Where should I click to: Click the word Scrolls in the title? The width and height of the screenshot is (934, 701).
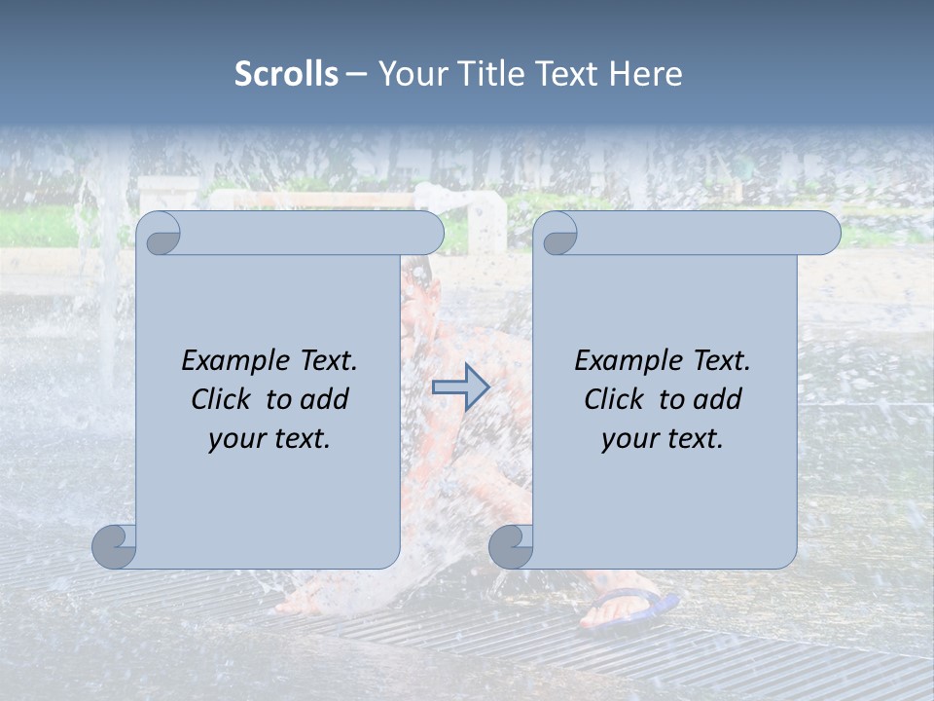tap(286, 74)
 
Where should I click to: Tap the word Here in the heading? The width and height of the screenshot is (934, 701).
tap(645, 74)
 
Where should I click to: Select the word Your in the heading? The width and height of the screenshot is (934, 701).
tap(409, 74)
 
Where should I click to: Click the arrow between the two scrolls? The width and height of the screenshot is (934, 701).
tap(460, 387)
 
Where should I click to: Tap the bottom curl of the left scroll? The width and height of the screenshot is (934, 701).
tap(115, 546)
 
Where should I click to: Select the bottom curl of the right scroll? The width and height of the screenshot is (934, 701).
tap(511, 546)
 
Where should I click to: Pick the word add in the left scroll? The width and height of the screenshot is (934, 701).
tap(325, 399)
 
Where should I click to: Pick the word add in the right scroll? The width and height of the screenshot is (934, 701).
tap(718, 399)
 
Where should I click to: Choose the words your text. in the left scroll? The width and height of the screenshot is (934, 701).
tap(269, 439)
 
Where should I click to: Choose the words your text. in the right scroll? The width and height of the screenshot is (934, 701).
tap(663, 439)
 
